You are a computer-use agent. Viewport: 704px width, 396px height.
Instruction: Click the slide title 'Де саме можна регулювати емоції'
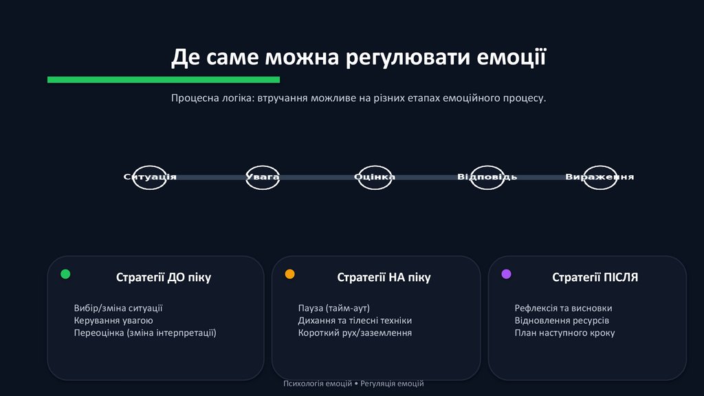358,57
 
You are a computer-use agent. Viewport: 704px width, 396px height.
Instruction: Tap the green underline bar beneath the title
164,80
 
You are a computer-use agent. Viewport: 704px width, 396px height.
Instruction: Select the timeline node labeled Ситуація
150,177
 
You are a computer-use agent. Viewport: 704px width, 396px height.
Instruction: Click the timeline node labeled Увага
263,177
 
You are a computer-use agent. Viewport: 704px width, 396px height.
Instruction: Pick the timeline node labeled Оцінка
375,177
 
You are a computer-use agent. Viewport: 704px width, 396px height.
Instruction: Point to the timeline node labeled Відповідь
487,177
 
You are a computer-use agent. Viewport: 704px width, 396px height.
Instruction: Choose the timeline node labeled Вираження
599,177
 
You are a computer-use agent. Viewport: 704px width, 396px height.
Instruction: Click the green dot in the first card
65,274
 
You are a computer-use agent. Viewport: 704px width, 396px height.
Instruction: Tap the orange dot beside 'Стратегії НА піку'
289,274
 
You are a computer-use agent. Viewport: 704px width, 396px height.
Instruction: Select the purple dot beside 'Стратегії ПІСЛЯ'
507,274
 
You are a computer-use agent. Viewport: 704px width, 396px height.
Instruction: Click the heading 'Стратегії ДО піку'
164,278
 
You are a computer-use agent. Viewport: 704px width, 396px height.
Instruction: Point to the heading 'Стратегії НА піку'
384,278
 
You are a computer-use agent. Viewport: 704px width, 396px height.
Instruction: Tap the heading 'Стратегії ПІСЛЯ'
595,278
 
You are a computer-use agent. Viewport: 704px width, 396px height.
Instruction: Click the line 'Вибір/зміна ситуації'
118,309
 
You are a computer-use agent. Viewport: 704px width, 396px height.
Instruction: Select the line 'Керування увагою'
113,320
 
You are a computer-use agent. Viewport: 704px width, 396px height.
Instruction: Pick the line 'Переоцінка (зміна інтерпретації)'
145,333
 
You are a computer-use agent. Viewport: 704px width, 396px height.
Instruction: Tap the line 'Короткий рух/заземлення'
355,333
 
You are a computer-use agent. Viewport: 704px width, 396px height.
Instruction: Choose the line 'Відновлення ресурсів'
562,320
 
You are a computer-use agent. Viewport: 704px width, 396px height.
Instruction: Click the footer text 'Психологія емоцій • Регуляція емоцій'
353,384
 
